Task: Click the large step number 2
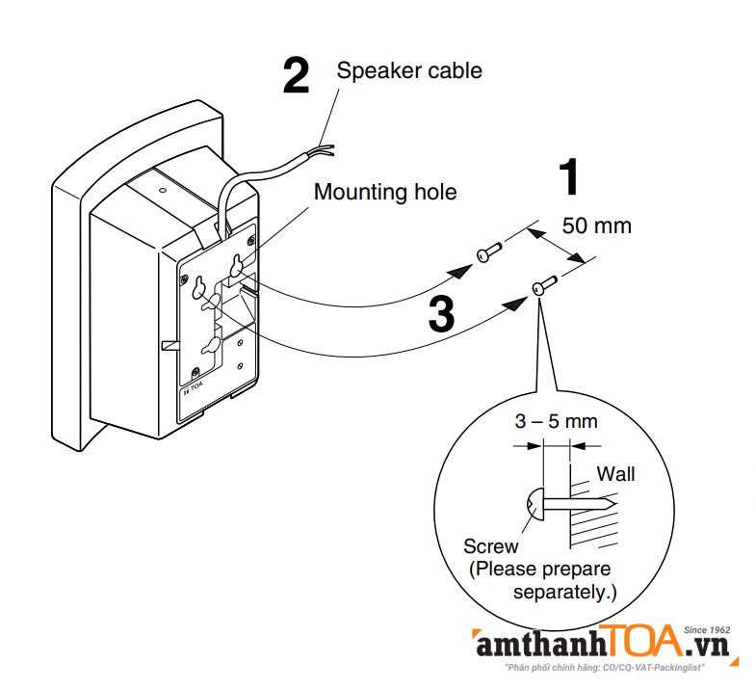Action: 296,75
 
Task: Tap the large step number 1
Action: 571,179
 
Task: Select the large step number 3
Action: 440,313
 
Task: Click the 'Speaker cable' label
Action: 408,70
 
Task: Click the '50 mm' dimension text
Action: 597,225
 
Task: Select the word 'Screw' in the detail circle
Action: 490,546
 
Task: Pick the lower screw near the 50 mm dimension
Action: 542,284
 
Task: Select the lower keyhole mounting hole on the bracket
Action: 210,347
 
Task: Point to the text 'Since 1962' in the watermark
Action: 708,628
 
